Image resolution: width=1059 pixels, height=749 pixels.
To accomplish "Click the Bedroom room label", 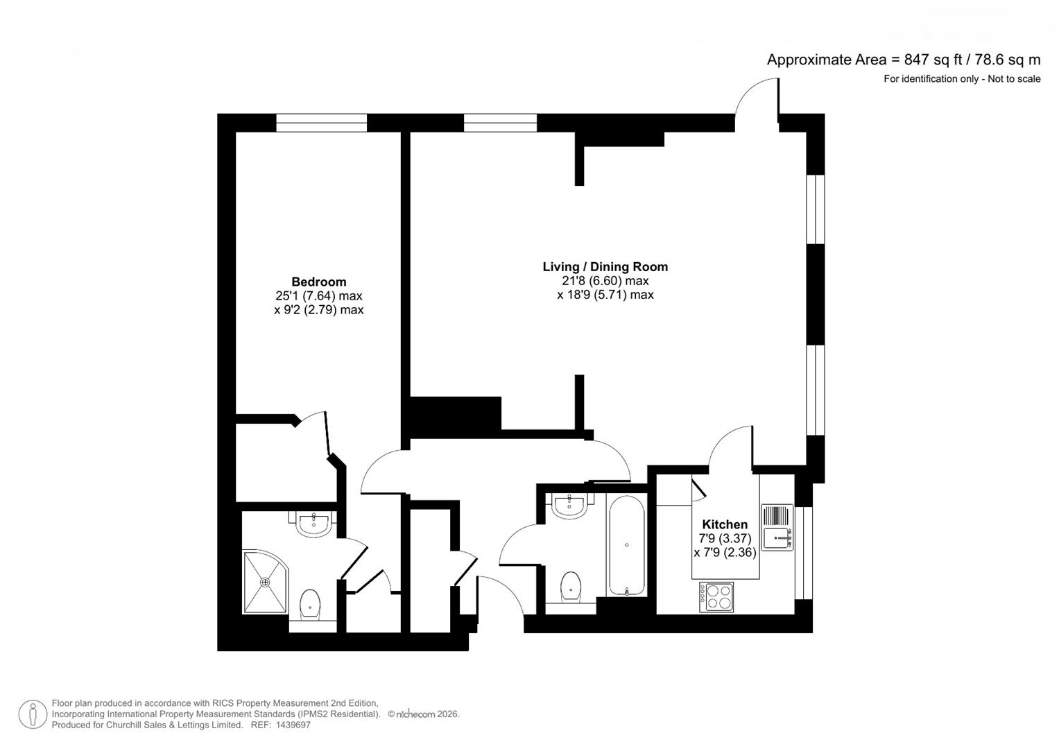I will pos(318,282).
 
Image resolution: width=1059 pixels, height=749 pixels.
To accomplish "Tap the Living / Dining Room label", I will pos(605,266).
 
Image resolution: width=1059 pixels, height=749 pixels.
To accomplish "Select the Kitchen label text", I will pos(725,524).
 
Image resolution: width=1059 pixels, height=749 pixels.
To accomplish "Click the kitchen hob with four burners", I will pos(716,596).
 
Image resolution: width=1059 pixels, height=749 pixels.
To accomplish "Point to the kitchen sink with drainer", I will pos(777,527).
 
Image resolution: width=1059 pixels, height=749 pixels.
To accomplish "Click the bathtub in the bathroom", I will pos(627,546).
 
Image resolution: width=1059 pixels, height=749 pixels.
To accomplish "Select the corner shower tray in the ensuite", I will pos(264,581).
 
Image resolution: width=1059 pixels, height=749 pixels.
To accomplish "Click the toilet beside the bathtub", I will pos(570,587).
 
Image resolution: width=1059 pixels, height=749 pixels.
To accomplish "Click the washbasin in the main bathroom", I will pos(569,506).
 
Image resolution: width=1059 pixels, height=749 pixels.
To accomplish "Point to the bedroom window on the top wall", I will pos(321,123).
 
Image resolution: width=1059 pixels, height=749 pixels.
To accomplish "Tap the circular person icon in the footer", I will pos(33,714).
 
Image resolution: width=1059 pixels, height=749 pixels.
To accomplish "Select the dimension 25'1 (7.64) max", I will pos(318,296).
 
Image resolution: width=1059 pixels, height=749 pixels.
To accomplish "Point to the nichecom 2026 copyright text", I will pos(424,714).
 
